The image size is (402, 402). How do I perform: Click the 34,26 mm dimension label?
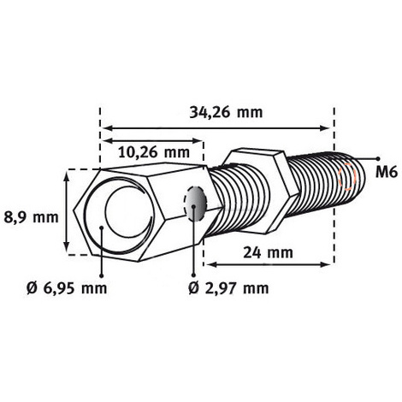click(226, 113)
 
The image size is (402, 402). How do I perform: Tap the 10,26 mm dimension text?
click(154, 152)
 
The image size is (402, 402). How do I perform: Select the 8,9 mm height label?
click(31, 217)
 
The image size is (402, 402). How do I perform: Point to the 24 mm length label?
click(268, 253)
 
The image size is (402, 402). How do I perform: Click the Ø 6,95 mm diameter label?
click(67, 288)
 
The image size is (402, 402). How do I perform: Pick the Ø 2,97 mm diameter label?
click(228, 288)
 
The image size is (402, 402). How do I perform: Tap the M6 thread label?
click(387, 172)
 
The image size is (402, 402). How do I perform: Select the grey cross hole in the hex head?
click(195, 204)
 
